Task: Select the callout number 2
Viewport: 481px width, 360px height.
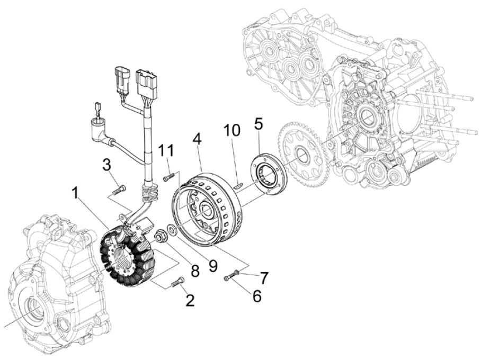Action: pos(190,301)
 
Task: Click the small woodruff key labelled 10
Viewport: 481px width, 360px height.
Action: pos(238,185)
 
